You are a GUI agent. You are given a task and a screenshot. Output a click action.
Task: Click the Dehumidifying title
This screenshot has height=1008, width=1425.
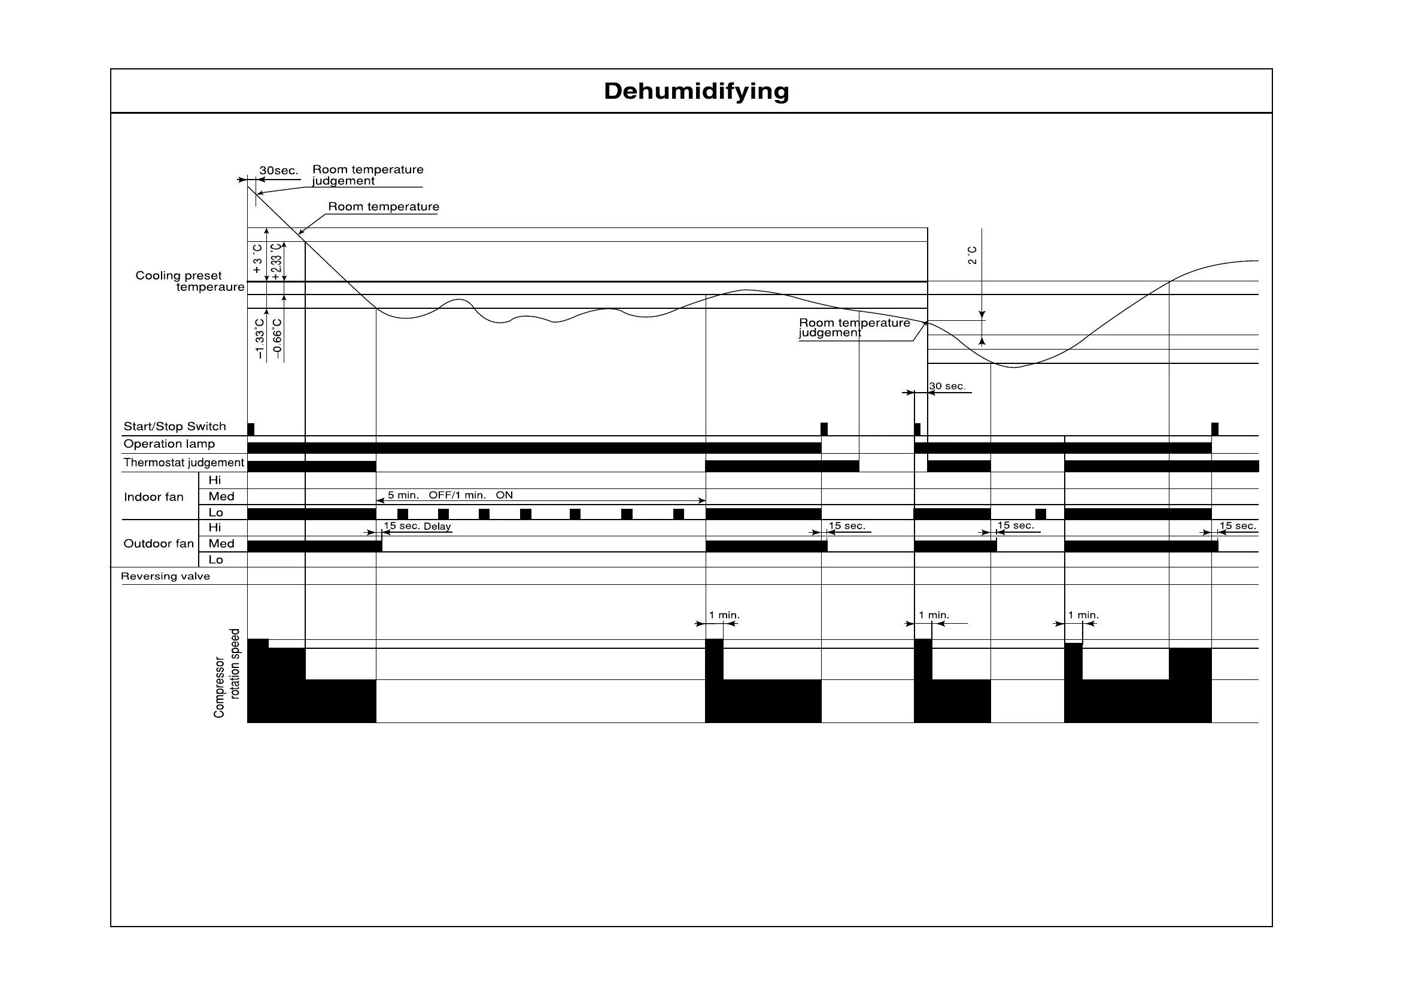click(696, 91)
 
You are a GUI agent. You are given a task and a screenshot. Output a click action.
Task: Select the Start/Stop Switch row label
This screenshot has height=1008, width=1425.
click(174, 426)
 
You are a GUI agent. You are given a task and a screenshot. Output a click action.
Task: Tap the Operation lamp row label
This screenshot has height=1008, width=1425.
click(169, 444)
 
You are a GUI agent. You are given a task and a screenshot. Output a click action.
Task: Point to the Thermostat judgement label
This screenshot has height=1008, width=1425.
click(184, 463)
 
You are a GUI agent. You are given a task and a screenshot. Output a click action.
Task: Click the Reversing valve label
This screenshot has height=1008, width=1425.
click(165, 576)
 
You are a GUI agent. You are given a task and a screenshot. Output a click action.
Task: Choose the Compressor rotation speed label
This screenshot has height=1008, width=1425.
click(227, 673)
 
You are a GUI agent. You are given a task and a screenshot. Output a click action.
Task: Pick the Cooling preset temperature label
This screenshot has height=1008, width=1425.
click(189, 281)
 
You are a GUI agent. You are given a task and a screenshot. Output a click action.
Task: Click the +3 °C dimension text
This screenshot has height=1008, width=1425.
click(257, 259)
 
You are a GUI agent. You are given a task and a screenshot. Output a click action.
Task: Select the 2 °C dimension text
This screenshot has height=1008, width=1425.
click(973, 255)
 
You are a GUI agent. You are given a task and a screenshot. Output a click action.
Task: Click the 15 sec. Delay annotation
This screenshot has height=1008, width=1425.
click(417, 526)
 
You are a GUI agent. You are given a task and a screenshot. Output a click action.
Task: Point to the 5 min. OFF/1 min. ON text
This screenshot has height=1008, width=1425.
click(450, 495)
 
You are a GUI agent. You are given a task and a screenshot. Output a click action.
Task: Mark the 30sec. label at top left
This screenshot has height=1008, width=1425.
click(279, 171)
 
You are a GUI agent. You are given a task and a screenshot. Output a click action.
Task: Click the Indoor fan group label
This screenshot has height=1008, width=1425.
click(153, 497)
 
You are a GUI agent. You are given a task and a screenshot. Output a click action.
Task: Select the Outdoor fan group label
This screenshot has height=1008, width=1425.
click(158, 544)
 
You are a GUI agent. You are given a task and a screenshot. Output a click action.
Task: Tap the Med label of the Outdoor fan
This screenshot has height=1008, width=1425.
click(221, 544)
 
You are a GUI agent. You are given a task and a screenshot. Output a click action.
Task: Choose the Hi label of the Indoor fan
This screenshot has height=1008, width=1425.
click(215, 481)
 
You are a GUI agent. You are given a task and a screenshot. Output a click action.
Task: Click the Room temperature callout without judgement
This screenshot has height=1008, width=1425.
click(383, 207)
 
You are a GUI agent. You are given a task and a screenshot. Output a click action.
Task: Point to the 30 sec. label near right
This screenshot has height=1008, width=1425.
click(947, 386)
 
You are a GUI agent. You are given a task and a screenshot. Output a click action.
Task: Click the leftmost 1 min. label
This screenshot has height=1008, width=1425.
click(724, 615)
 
